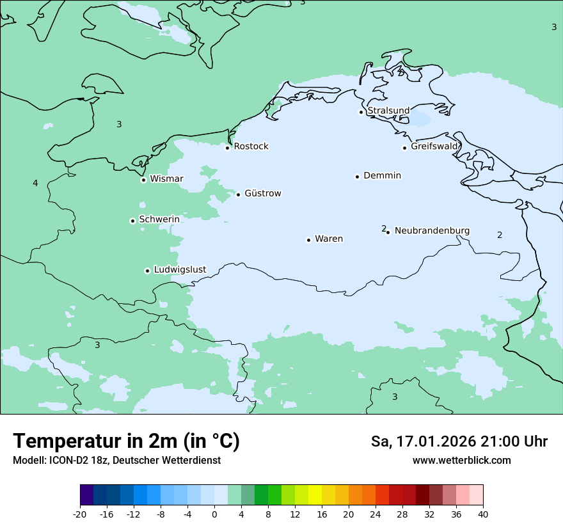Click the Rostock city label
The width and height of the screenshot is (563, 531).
point(251,147)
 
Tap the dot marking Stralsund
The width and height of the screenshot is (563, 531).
point(361,112)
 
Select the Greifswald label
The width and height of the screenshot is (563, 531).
point(434,147)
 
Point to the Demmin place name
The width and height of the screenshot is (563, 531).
point(382,175)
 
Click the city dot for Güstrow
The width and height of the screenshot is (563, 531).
point(238,194)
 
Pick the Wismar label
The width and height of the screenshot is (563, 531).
point(166,178)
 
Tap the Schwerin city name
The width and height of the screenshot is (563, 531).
point(159,219)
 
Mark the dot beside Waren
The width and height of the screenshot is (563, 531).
point(308,240)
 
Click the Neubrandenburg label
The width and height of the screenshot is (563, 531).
point(432,230)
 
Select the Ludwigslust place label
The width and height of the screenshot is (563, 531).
point(180,269)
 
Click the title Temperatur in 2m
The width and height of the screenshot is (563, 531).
point(126,441)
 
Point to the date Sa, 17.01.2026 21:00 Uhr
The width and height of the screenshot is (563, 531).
point(459,441)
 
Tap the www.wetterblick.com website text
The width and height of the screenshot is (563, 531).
point(461,460)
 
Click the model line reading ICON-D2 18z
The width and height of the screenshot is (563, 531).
point(116,460)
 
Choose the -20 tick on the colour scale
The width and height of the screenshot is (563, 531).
point(80,514)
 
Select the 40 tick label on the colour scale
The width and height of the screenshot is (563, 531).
point(483,514)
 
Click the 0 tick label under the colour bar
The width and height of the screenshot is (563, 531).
point(214,514)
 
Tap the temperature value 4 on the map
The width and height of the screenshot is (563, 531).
point(35,184)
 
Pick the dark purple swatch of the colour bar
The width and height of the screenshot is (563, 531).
point(86,495)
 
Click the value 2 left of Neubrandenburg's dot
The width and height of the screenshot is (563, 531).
point(383,228)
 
